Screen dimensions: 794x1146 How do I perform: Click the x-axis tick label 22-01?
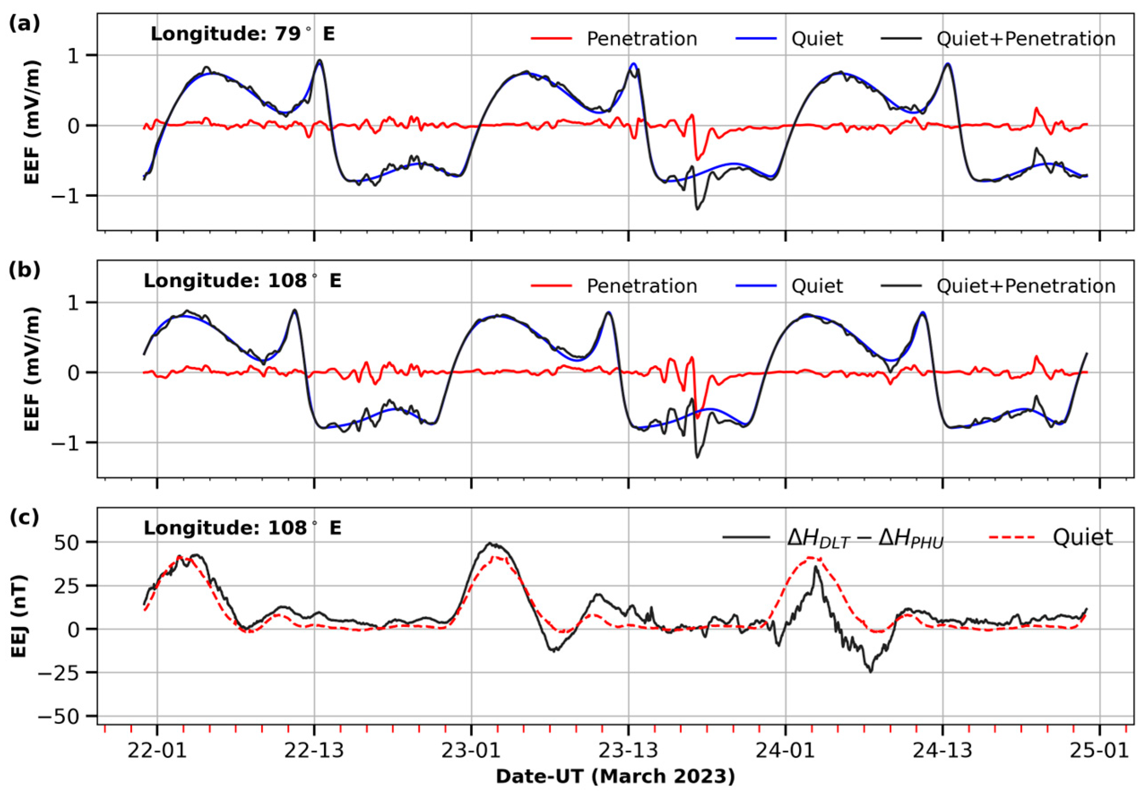pyautogui.click(x=157, y=750)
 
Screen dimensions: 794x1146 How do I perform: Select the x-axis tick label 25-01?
pyautogui.click(x=1099, y=750)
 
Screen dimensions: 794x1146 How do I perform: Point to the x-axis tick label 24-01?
pyautogui.click(x=785, y=750)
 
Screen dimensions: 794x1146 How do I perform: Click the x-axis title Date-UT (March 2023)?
pyautogui.click(x=615, y=777)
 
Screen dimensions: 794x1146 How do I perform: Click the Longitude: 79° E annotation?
pyautogui.click(x=243, y=35)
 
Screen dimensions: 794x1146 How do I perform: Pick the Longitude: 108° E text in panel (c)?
pyautogui.click(x=243, y=528)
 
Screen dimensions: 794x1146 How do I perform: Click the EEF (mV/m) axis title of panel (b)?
pyautogui.click(x=32, y=369)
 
